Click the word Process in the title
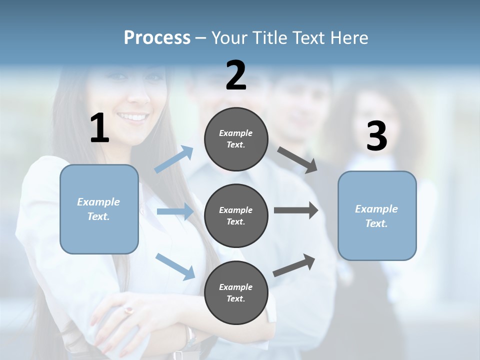click(157, 38)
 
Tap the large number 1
click(99, 128)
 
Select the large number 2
click(236, 75)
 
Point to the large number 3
click(376, 136)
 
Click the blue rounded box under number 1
click(99, 209)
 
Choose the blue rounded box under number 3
click(377, 215)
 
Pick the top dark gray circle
click(236, 139)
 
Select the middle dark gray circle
click(236, 215)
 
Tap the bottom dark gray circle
click(236, 292)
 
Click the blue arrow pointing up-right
click(174, 159)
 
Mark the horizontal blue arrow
click(174, 211)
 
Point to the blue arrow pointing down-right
click(175, 266)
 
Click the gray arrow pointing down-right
click(297, 160)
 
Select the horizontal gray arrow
click(295, 210)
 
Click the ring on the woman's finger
click(129, 310)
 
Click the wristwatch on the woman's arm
click(190, 338)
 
